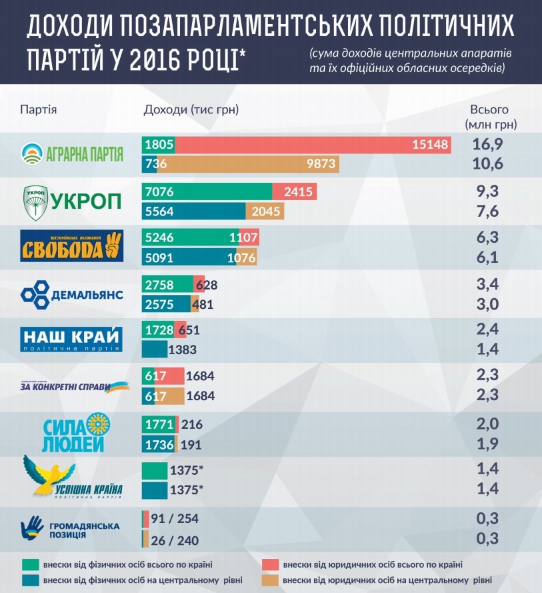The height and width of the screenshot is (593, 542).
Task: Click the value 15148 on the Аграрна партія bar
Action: click(x=431, y=145)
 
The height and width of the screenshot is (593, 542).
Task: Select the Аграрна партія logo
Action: click(x=72, y=154)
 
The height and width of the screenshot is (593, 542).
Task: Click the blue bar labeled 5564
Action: click(x=194, y=211)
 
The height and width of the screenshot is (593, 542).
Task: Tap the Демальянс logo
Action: click(x=72, y=293)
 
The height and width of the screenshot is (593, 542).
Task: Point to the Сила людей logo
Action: click(x=72, y=434)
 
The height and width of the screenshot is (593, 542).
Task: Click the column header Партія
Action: click(x=38, y=109)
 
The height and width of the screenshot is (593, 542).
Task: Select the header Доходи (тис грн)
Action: click(x=191, y=109)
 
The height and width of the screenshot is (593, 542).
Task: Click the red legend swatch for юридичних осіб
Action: click(x=269, y=564)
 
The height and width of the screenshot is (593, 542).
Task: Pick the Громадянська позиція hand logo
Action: click(x=33, y=528)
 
